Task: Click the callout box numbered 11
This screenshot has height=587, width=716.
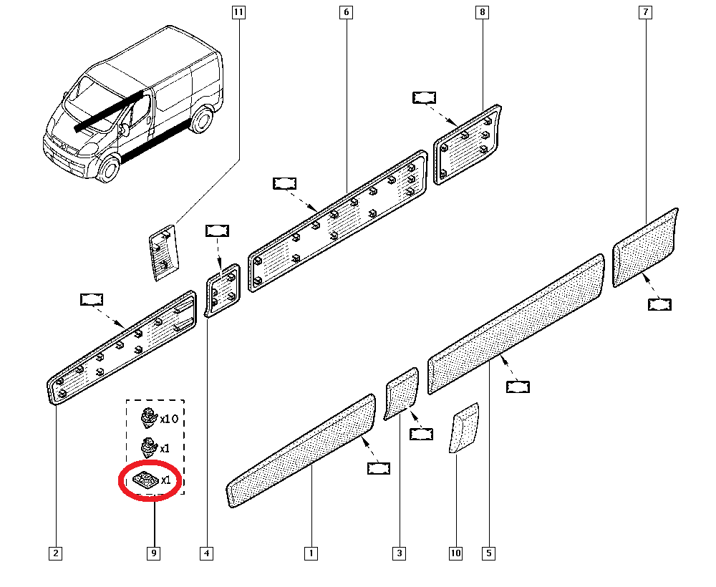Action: pyautogui.click(x=238, y=12)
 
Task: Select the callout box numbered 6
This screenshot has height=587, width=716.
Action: pyautogui.click(x=347, y=12)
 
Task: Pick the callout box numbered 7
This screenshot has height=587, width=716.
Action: pyautogui.click(x=647, y=12)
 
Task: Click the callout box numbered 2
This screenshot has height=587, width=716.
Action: pyautogui.click(x=55, y=553)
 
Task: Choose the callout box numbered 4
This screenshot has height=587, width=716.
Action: pyautogui.click(x=207, y=553)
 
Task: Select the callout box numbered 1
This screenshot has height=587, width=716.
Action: pyautogui.click(x=311, y=553)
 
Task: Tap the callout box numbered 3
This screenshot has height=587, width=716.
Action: pyautogui.click(x=399, y=553)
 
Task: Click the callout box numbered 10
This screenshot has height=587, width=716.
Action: pyautogui.click(x=456, y=553)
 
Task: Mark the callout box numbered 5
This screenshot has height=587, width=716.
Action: pyautogui.click(x=488, y=553)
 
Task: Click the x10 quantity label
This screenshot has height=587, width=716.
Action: pyautogui.click(x=168, y=418)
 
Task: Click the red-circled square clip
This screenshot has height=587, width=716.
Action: pyautogui.click(x=145, y=480)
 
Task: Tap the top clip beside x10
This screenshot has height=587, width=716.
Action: pyautogui.click(x=148, y=416)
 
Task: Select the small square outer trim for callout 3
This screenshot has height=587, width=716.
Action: pyautogui.click(x=402, y=393)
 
